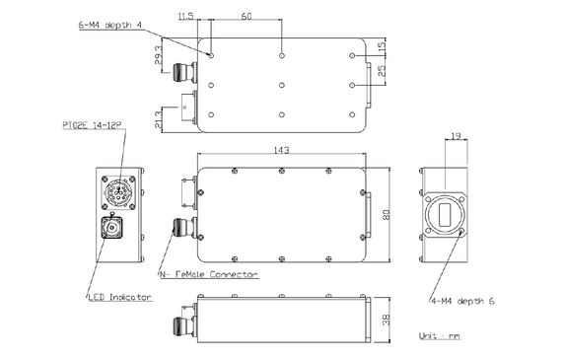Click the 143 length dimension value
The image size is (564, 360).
(x=281, y=150)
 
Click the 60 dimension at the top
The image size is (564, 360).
(x=247, y=17)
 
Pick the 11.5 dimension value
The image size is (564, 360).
(x=184, y=17)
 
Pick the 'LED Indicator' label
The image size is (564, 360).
(x=118, y=297)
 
